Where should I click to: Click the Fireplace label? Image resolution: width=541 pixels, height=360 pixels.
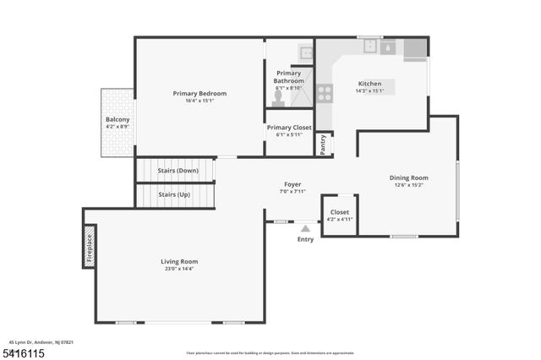point(90,246)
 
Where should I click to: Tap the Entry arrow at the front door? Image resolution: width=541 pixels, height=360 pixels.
point(305,227)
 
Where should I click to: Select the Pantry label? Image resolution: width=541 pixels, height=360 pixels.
point(323,145)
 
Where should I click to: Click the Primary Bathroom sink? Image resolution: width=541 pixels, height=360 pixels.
point(305,52)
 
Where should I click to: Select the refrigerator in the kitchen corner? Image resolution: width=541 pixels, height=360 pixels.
point(414,50)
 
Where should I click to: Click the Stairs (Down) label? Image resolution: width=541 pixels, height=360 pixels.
point(178,171)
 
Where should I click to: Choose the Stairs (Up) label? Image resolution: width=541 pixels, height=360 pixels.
point(174,194)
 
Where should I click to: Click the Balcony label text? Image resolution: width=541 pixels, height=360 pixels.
point(117,120)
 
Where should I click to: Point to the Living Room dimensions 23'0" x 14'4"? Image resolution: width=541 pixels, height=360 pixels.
point(179,269)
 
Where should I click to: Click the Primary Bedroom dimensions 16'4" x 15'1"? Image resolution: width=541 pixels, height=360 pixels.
point(199,101)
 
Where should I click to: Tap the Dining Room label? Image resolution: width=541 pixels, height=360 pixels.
point(408,177)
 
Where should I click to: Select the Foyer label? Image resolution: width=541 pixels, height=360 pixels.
point(292,184)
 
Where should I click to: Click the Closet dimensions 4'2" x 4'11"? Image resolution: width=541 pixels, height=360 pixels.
point(340,219)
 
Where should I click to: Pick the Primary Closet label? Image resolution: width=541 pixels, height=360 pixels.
point(289,128)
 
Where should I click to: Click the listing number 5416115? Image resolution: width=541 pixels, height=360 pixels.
point(25,352)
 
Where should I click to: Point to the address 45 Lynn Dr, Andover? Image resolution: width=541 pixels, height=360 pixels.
point(41,342)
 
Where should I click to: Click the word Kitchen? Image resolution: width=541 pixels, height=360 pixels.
point(369,84)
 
